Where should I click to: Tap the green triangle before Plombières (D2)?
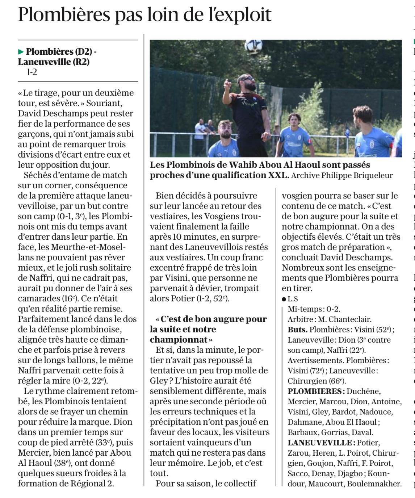pyautogui.click(x=21, y=52)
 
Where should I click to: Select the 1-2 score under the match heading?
pyautogui.click(x=32, y=72)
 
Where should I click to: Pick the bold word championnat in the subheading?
pyautogui.click(x=179, y=340)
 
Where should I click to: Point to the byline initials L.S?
pyautogui.click(x=293, y=299)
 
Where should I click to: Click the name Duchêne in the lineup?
pyautogui.click(x=364, y=392)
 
